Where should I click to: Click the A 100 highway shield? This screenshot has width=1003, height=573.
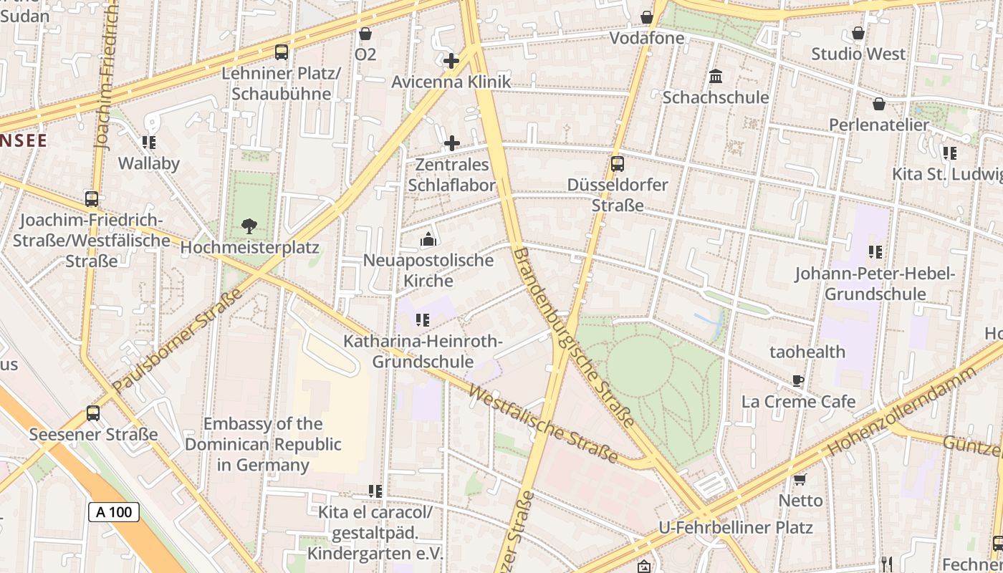point(114,511)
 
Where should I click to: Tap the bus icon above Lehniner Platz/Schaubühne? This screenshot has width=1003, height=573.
point(282,52)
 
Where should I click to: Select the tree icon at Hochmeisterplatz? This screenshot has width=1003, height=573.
point(249,226)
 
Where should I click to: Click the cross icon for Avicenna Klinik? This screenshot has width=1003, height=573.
point(451,61)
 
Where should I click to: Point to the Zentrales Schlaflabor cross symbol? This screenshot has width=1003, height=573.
point(451,143)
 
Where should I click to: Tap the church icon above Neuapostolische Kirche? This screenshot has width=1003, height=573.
point(428,239)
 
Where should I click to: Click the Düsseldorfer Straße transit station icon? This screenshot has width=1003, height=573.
point(618,164)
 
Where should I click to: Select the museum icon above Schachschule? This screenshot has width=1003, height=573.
point(715,76)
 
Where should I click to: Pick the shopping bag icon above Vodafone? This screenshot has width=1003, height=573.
point(647,17)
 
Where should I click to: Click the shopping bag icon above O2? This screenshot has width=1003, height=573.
point(365,34)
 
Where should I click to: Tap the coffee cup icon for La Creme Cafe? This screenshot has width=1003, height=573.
point(798,380)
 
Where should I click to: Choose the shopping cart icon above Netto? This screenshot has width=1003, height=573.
point(800,479)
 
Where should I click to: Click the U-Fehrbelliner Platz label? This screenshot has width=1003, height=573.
point(736,528)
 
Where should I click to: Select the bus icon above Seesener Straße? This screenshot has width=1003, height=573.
point(93,413)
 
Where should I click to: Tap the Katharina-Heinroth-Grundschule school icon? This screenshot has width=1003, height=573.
point(423,320)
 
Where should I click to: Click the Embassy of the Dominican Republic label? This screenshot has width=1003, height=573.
point(263,444)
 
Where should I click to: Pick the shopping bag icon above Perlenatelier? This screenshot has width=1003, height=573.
point(879,104)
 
